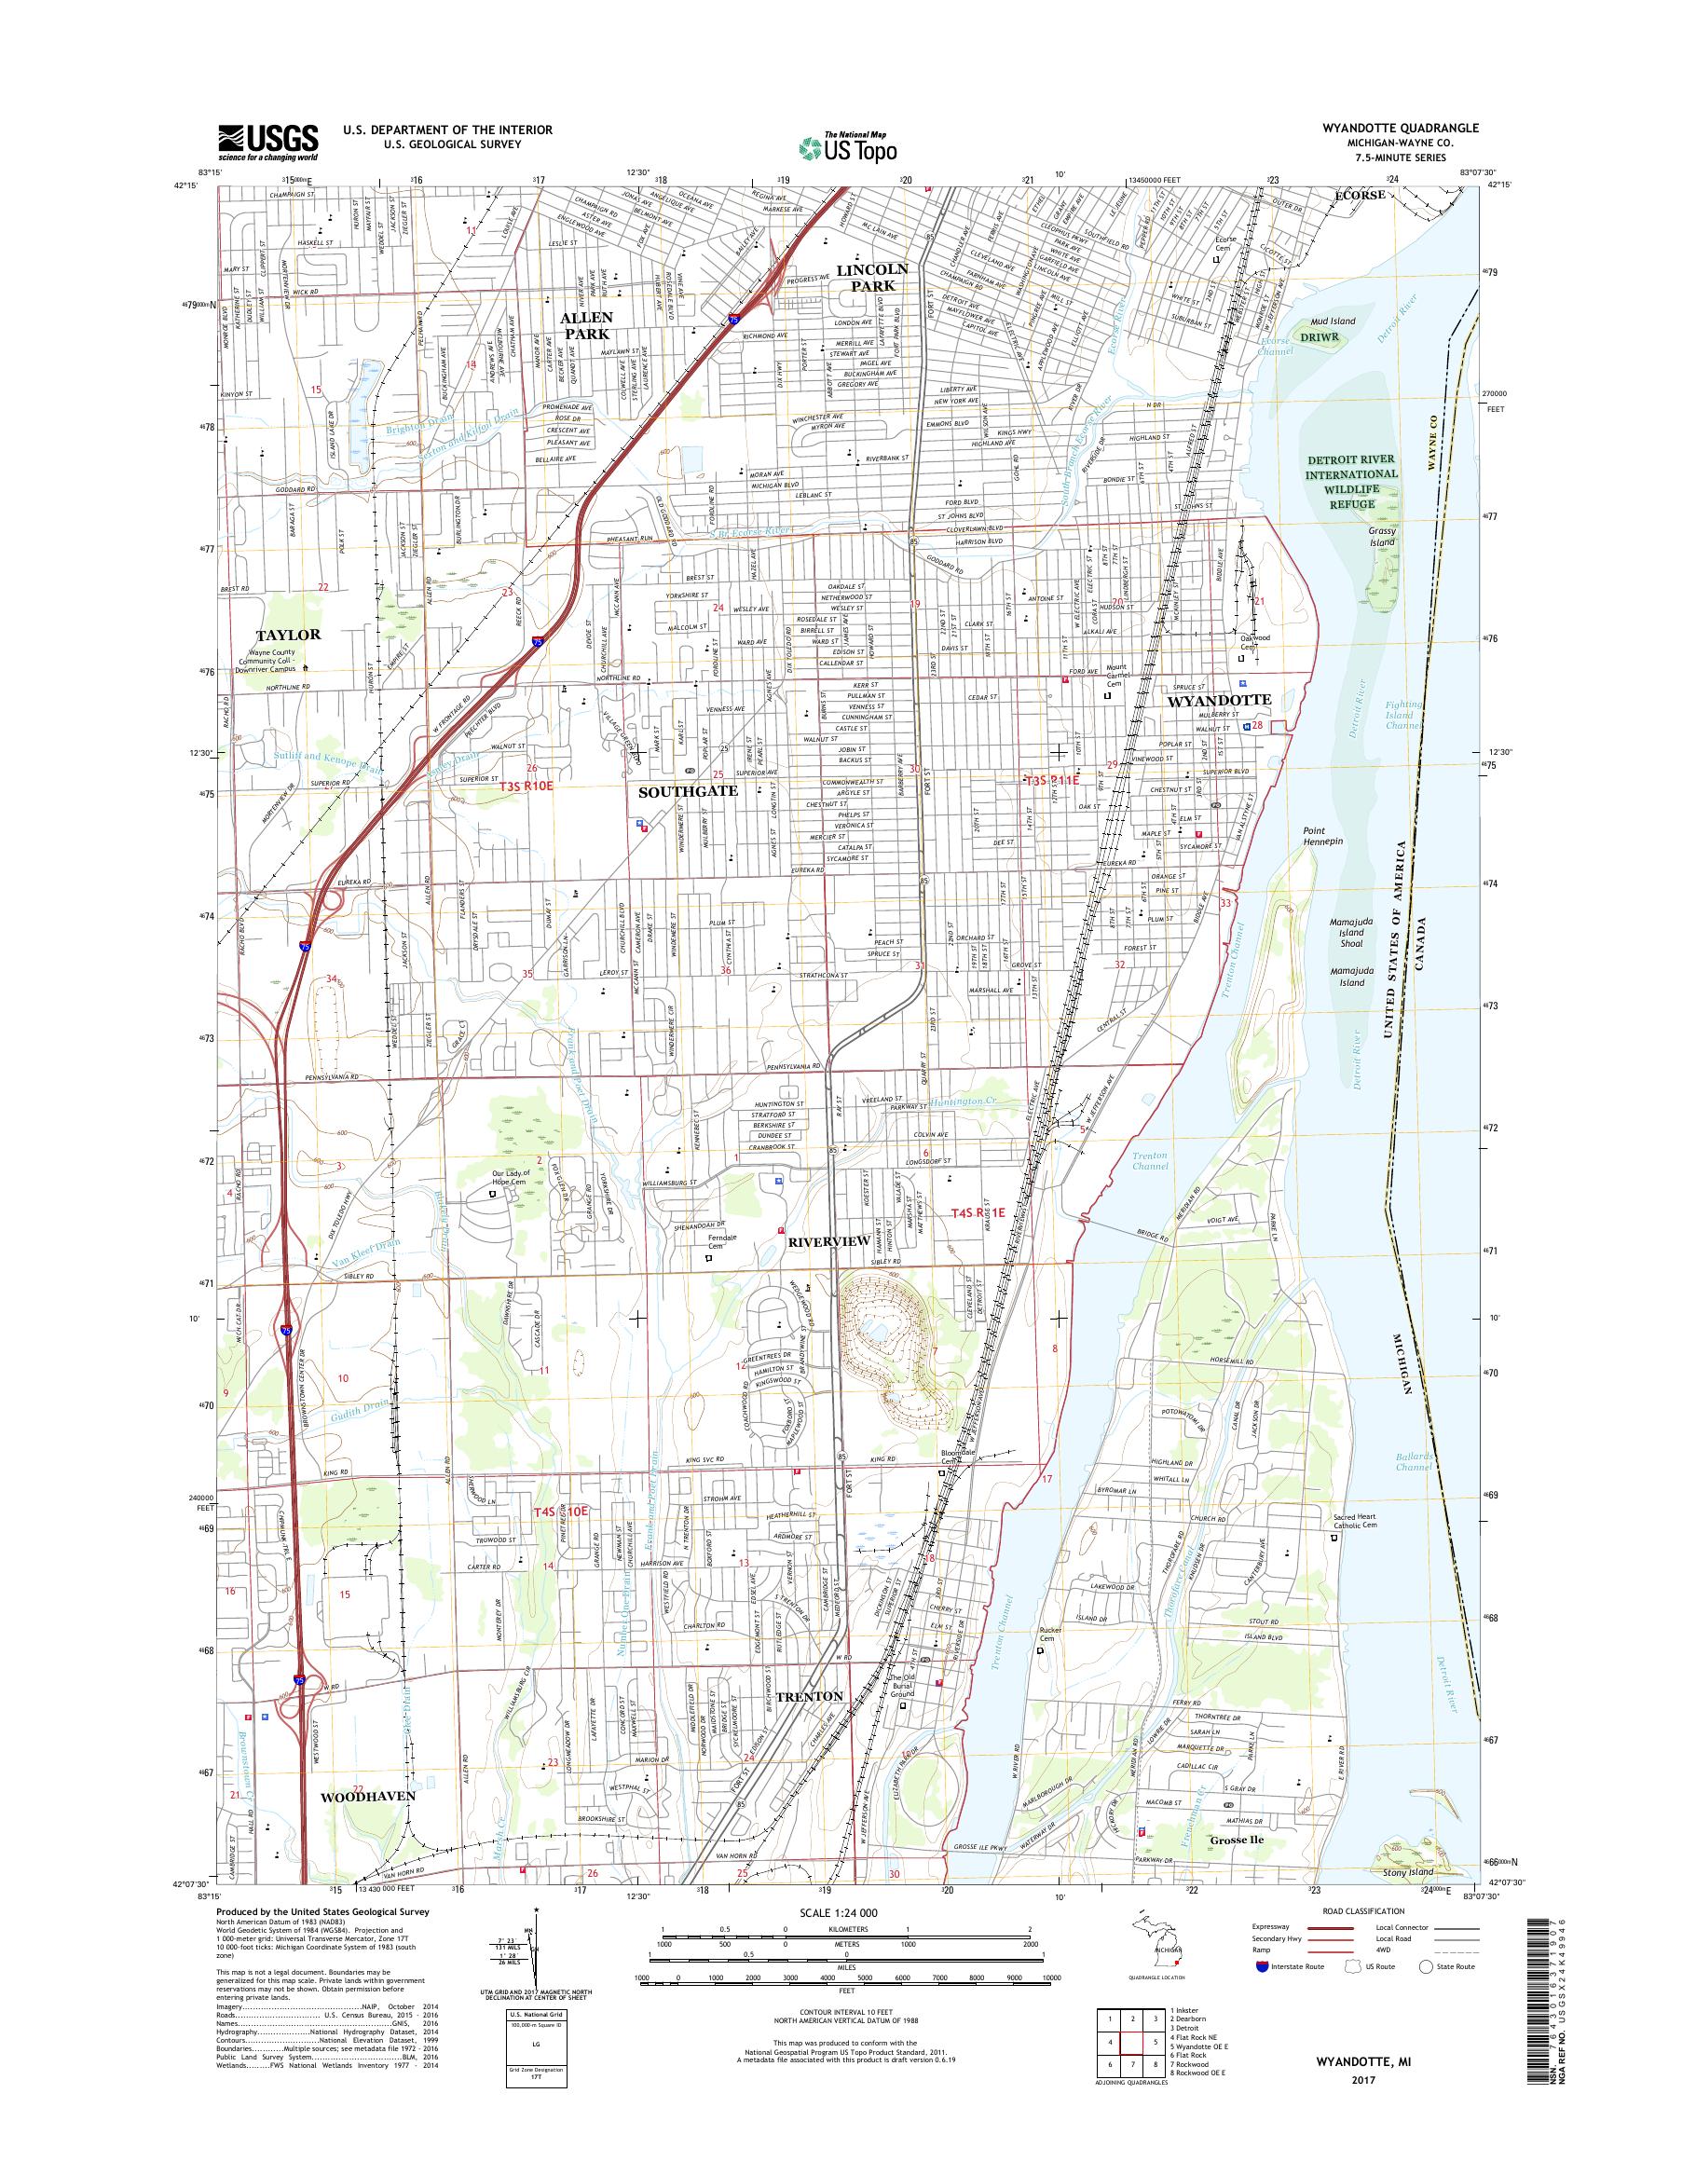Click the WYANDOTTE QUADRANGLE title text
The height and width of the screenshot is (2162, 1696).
1399,128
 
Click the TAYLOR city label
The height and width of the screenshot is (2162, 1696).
287,634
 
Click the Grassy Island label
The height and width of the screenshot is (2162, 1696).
1381,538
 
